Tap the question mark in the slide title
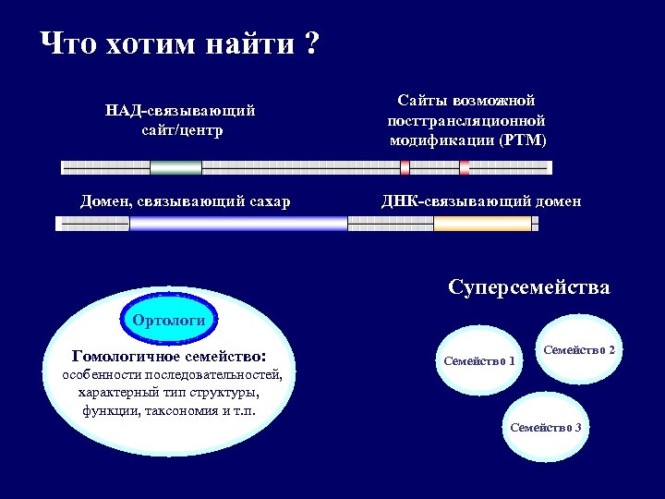pyautogui.click(x=311, y=43)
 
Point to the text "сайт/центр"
pyautogui.click(x=180, y=129)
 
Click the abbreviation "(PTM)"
pyautogui.click(x=523, y=140)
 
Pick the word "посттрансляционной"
pyautogui.click(x=465, y=120)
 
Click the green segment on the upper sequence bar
pyautogui.click(x=175, y=167)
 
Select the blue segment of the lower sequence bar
pyautogui.click(x=238, y=223)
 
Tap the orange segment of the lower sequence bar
pyautogui.click(x=482, y=223)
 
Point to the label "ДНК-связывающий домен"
pyautogui.click(x=480, y=201)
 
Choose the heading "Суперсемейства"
pyautogui.click(x=528, y=286)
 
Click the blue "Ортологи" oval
pyautogui.click(x=169, y=321)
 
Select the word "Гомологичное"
pyautogui.click(x=121, y=355)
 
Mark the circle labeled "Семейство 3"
pyautogui.click(x=545, y=427)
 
